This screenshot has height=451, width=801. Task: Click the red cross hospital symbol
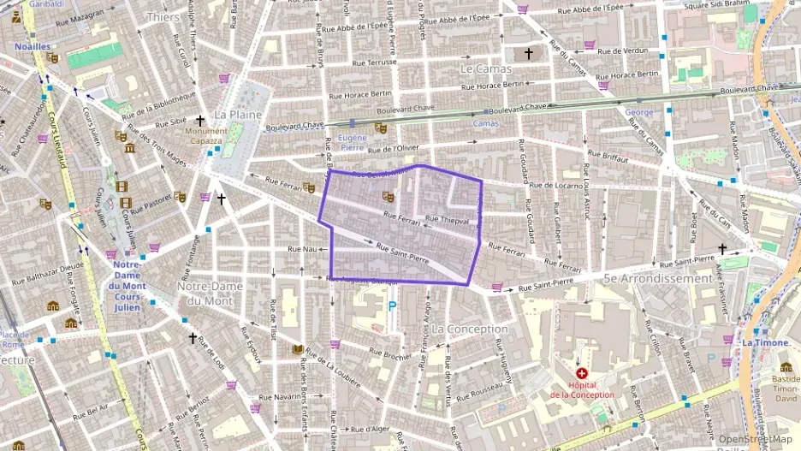click(x=582, y=373)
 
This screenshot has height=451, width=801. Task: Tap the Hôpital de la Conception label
click(x=582, y=389)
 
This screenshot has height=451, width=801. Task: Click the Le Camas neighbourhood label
click(x=485, y=68)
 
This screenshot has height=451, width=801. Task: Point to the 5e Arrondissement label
click(x=657, y=278)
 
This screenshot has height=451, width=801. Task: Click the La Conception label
click(x=470, y=329)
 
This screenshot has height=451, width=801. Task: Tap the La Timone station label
click(x=759, y=342)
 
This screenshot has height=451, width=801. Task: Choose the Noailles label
click(x=33, y=46)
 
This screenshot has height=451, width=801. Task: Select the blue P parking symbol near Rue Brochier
click(x=392, y=306)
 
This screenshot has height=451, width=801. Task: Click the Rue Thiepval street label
click(x=446, y=220)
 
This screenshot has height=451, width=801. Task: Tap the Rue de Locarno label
click(x=556, y=185)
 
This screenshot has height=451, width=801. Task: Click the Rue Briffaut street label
click(x=608, y=157)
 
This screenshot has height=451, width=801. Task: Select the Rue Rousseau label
click(x=478, y=396)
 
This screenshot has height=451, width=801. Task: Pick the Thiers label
click(x=163, y=16)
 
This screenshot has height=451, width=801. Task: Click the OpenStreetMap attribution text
click(x=756, y=440)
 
